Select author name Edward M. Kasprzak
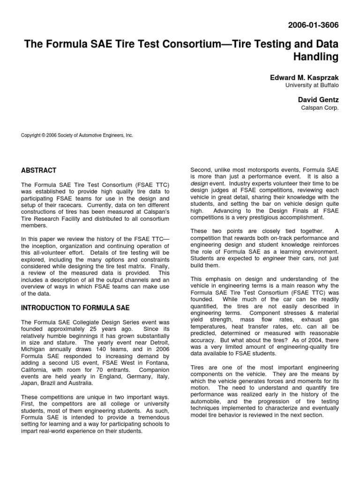click(x=304, y=77)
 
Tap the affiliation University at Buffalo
click(x=312, y=85)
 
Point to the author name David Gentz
click(x=319, y=100)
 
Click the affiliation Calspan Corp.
click(x=320, y=107)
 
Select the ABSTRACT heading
click(x=39, y=171)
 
